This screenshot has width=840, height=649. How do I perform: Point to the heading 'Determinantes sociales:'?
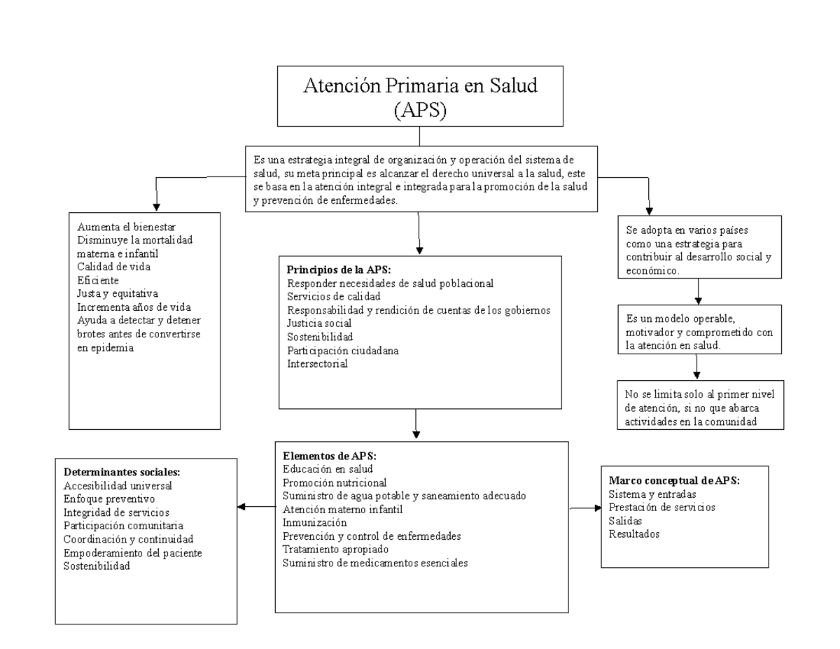point(117,472)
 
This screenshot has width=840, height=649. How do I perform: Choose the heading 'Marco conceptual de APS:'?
point(675,481)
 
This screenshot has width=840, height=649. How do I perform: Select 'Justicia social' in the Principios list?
point(319,323)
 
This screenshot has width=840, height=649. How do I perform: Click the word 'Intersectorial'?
point(317,363)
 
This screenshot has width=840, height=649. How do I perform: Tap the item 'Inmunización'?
point(314,522)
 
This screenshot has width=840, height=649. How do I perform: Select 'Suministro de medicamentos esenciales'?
point(375,562)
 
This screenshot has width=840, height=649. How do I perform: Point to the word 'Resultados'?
point(633,534)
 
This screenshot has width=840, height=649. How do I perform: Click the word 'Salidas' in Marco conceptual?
point(625,521)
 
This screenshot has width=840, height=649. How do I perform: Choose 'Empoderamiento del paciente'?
point(133,553)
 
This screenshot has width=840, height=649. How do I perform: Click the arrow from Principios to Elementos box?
point(416,423)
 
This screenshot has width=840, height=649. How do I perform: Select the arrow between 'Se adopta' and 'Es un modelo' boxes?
point(697,290)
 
